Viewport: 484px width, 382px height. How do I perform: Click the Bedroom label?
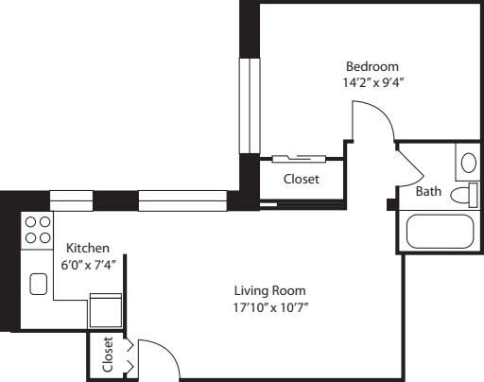click(x=372, y=66)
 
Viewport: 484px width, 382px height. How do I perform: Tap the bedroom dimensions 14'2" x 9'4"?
click(x=373, y=82)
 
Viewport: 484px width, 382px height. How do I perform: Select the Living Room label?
click(x=269, y=290)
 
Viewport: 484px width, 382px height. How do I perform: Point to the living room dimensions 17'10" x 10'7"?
click(x=270, y=307)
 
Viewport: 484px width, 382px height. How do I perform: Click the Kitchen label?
click(x=88, y=248)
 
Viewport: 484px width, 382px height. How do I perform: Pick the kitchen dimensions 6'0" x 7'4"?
click(x=88, y=265)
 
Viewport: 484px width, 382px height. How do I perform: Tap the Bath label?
click(x=428, y=191)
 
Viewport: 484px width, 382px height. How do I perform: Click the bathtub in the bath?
click(x=441, y=232)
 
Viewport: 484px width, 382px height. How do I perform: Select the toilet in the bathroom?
click(x=464, y=195)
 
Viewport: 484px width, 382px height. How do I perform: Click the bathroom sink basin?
click(x=469, y=163)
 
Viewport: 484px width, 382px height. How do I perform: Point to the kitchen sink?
click(x=39, y=284)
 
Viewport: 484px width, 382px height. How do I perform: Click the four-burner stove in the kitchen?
click(x=38, y=230)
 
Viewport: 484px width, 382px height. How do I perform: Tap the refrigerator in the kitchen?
click(x=106, y=311)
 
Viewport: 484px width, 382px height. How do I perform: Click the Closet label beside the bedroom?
click(x=302, y=179)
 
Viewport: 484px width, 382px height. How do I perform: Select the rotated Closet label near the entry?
click(x=108, y=355)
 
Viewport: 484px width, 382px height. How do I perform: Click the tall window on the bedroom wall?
click(x=250, y=106)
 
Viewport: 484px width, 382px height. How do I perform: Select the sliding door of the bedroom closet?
click(x=299, y=159)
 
